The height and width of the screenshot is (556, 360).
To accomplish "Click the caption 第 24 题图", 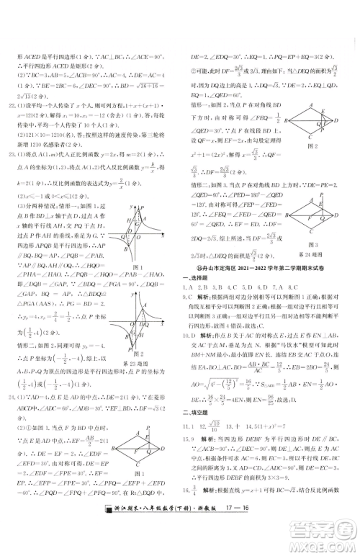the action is pos(316,254).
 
